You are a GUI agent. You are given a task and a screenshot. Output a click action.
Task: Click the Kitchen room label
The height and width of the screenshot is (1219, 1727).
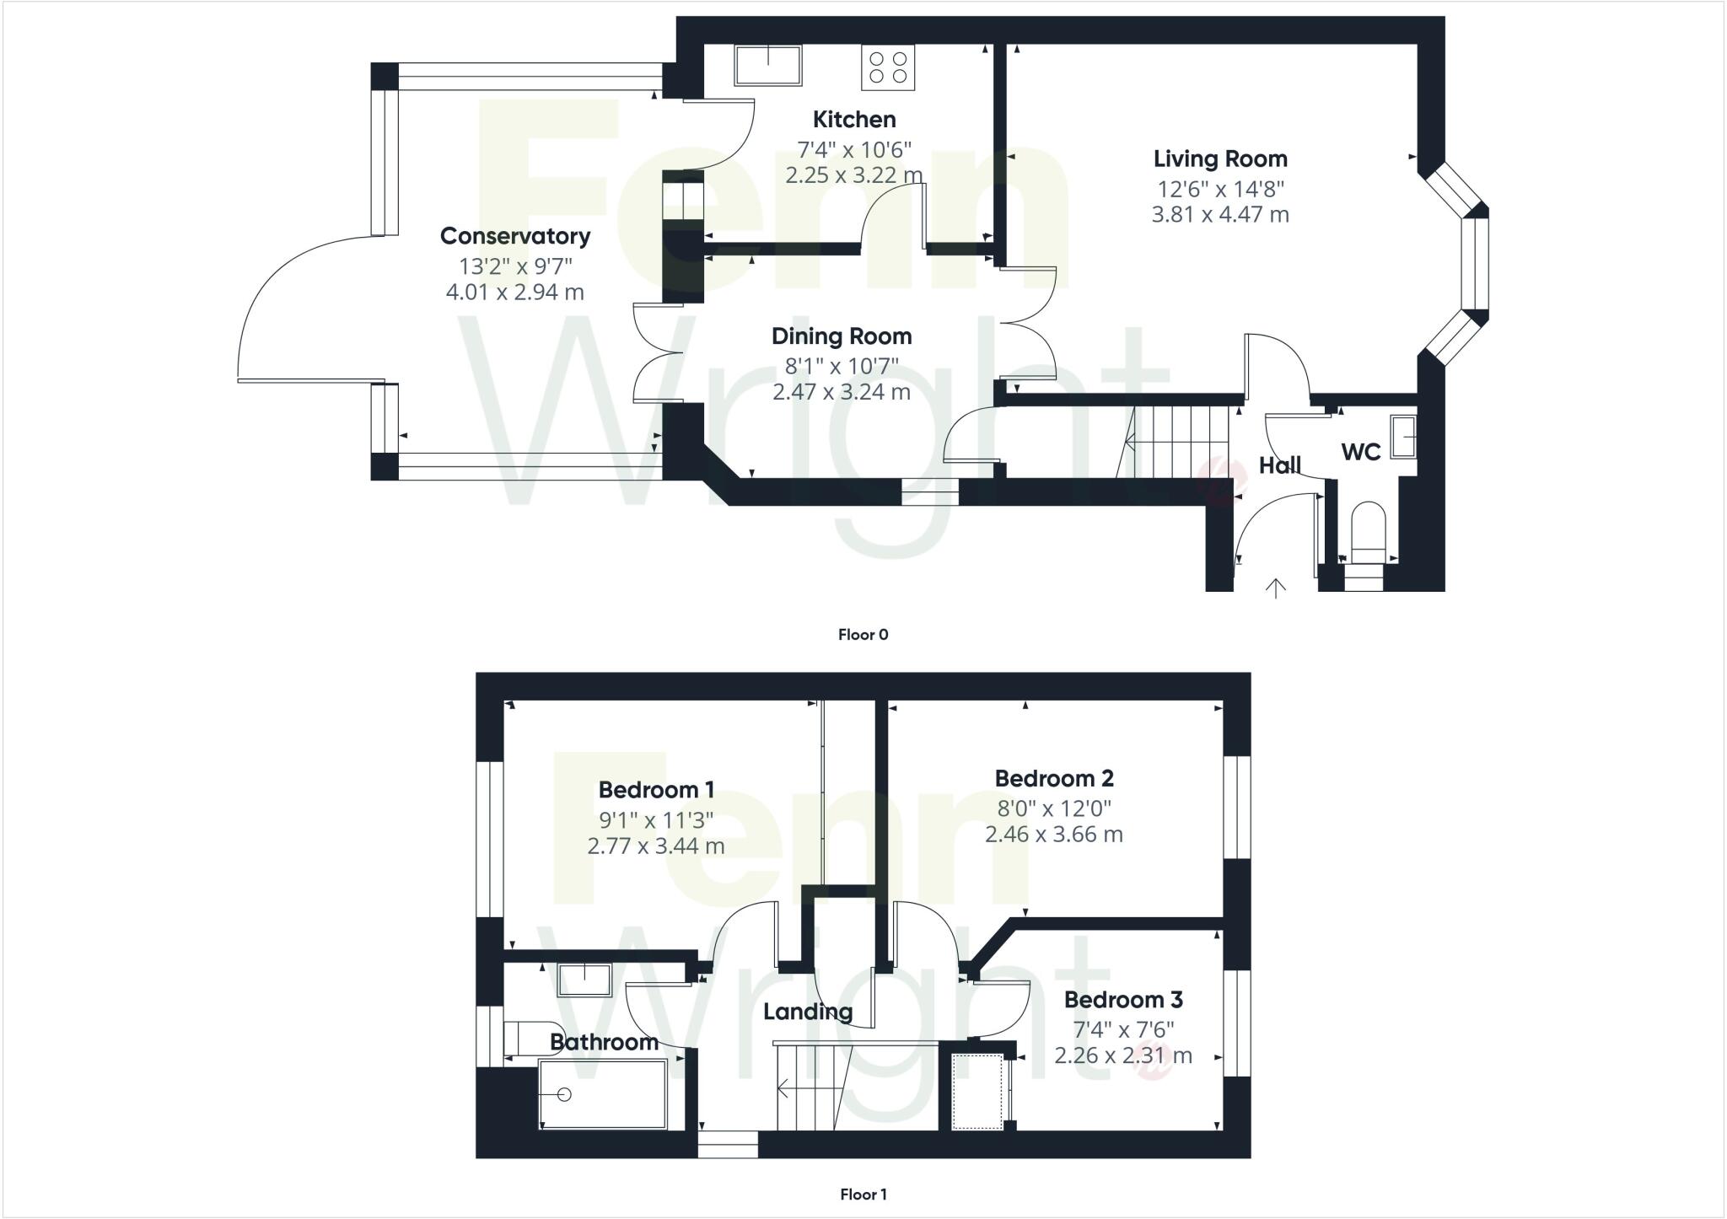854,119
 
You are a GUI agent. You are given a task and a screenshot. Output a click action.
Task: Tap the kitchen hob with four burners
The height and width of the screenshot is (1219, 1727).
888,67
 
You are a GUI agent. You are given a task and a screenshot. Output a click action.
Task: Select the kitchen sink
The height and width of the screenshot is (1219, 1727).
767,65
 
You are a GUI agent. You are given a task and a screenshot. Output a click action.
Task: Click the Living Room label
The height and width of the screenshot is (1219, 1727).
1220,158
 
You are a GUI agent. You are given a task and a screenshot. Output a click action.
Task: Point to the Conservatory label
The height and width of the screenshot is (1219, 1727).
514,236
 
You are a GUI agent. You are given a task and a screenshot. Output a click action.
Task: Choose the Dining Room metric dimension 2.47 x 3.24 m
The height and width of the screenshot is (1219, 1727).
842,392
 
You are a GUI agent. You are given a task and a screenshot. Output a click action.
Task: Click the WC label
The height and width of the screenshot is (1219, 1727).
1361,453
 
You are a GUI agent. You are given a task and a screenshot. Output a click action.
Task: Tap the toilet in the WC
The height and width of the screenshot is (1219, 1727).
1367,534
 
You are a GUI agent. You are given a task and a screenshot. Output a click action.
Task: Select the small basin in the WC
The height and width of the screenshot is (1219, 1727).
1402,436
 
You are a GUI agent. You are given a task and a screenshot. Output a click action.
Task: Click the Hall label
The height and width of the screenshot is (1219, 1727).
1280,465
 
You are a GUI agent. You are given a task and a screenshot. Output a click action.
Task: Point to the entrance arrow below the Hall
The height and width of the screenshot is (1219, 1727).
1276,588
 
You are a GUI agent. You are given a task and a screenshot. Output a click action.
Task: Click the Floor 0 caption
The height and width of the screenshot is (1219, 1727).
863,635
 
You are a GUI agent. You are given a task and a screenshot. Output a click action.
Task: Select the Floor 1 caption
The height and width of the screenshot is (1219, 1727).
863,1195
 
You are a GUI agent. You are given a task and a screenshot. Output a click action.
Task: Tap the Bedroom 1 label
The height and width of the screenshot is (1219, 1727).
656,790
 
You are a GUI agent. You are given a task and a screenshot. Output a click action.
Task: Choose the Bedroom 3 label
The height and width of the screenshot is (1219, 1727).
1123,1000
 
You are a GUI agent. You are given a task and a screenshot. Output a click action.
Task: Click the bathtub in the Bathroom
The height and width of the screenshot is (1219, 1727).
603,1094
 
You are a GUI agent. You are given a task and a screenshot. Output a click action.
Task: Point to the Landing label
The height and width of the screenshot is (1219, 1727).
808,1012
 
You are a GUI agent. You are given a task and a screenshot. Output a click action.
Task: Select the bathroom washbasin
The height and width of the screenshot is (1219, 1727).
584,980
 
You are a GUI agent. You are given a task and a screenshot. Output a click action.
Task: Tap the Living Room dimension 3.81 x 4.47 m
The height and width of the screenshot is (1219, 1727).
1220,215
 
